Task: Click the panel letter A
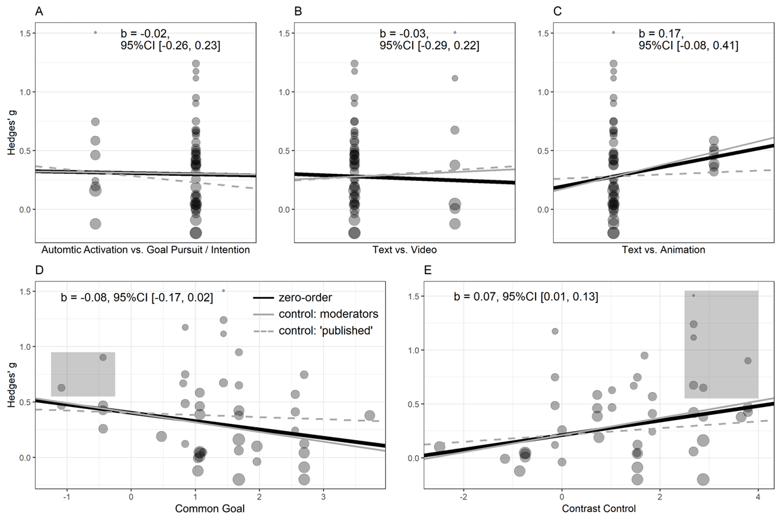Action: [x=39, y=11]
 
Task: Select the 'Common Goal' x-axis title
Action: [x=210, y=509]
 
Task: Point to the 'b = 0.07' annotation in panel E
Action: [x=525, y=298]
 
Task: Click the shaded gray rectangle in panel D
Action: [x=83, y=374]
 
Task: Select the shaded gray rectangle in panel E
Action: [x=721, y=344]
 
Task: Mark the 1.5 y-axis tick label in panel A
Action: [x=23, y=33]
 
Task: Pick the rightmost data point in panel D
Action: [x=369, y=415]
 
